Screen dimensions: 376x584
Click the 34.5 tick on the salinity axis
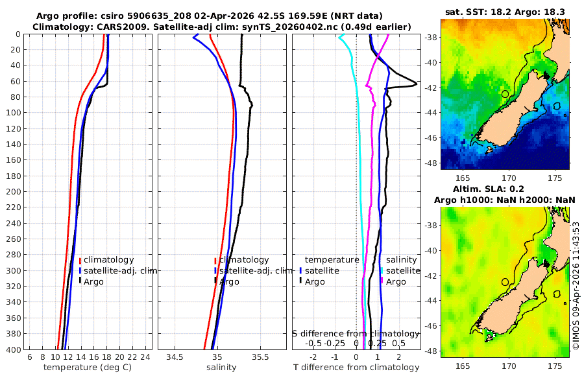[175, 357]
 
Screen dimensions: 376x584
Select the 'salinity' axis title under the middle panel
[221, 368]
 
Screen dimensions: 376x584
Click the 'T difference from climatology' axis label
[356, 368]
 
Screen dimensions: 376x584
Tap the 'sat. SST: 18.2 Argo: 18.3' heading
[505, 12]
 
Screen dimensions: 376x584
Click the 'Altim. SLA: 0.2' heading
[505, 189]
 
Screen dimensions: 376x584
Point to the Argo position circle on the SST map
[505, 94]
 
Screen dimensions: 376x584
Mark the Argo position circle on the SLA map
[505, 282]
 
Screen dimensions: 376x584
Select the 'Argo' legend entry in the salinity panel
[229, 281]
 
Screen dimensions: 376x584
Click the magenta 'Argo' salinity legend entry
[396, 281]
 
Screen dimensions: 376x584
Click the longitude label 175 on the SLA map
[555, 366]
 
